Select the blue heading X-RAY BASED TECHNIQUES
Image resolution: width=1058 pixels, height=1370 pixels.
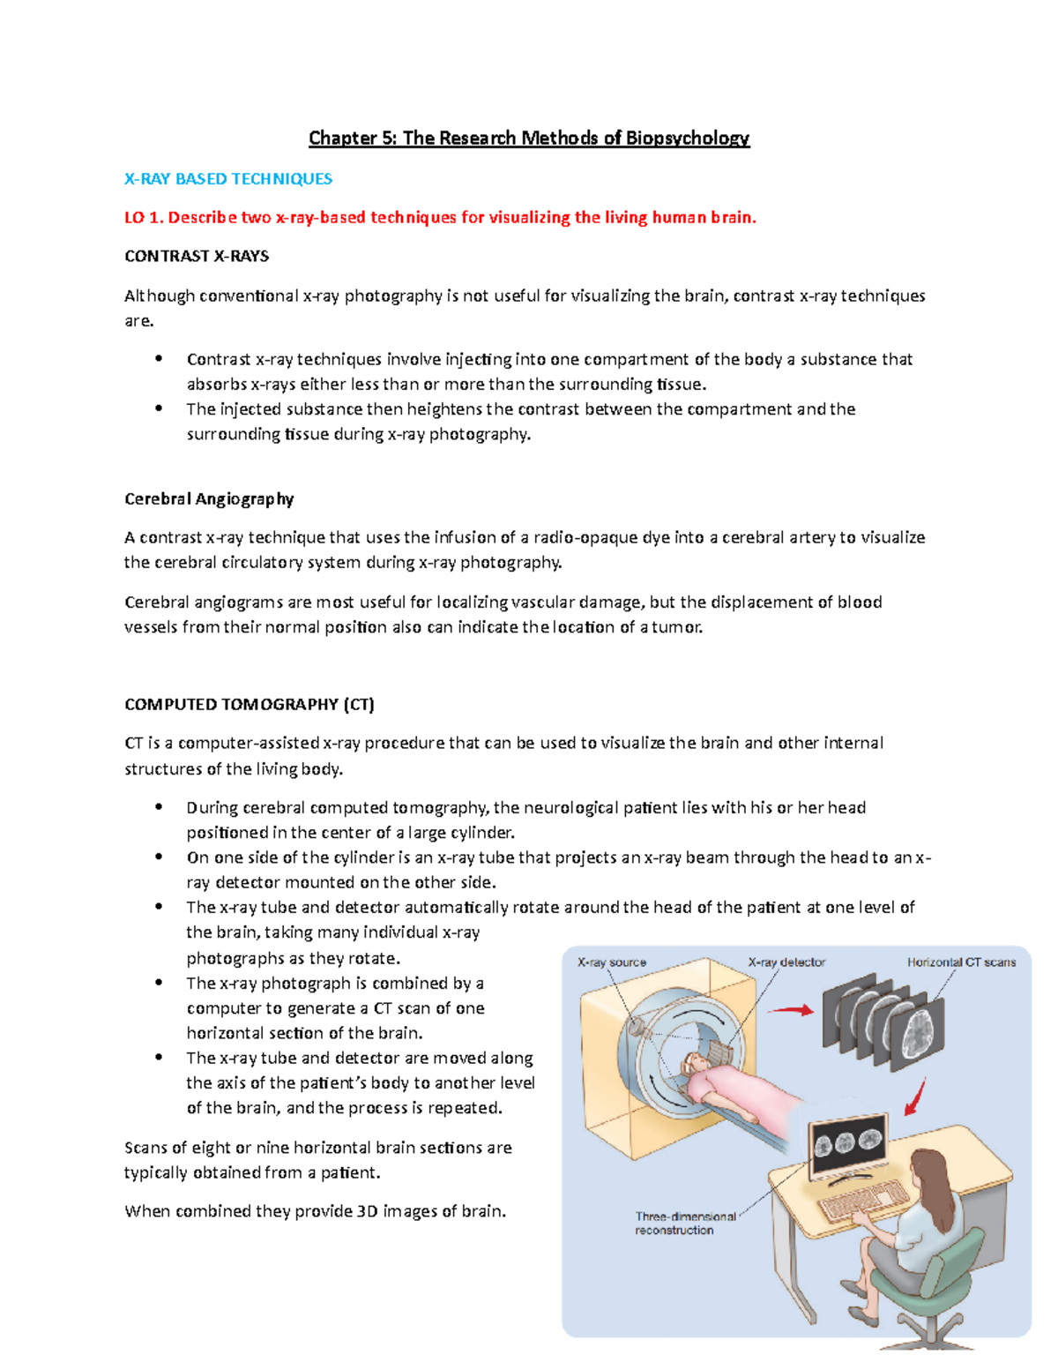point(228,179)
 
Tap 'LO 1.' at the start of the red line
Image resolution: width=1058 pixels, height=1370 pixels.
point(143,218)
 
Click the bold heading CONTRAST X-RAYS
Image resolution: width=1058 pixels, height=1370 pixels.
point(197,257)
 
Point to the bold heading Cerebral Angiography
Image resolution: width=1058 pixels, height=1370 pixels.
point(209,499)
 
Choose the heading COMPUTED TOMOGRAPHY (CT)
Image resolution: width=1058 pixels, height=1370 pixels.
point(250,705)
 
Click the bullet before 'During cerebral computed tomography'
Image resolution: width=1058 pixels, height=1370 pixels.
point(159,806)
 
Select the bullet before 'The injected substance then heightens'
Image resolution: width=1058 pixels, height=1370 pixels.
point(159,408)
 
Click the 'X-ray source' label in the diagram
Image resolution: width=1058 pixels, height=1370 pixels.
point(611,962)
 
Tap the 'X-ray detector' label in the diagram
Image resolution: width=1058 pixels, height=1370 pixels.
point(786,962)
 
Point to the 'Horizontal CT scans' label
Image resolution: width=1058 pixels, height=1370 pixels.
point(961,962)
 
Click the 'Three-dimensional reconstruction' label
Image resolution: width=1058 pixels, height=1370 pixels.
point(684,1223)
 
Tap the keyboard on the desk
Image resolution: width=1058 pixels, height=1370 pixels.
point(852,1204)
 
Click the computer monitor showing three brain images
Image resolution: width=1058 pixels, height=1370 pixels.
point(847,1146)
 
